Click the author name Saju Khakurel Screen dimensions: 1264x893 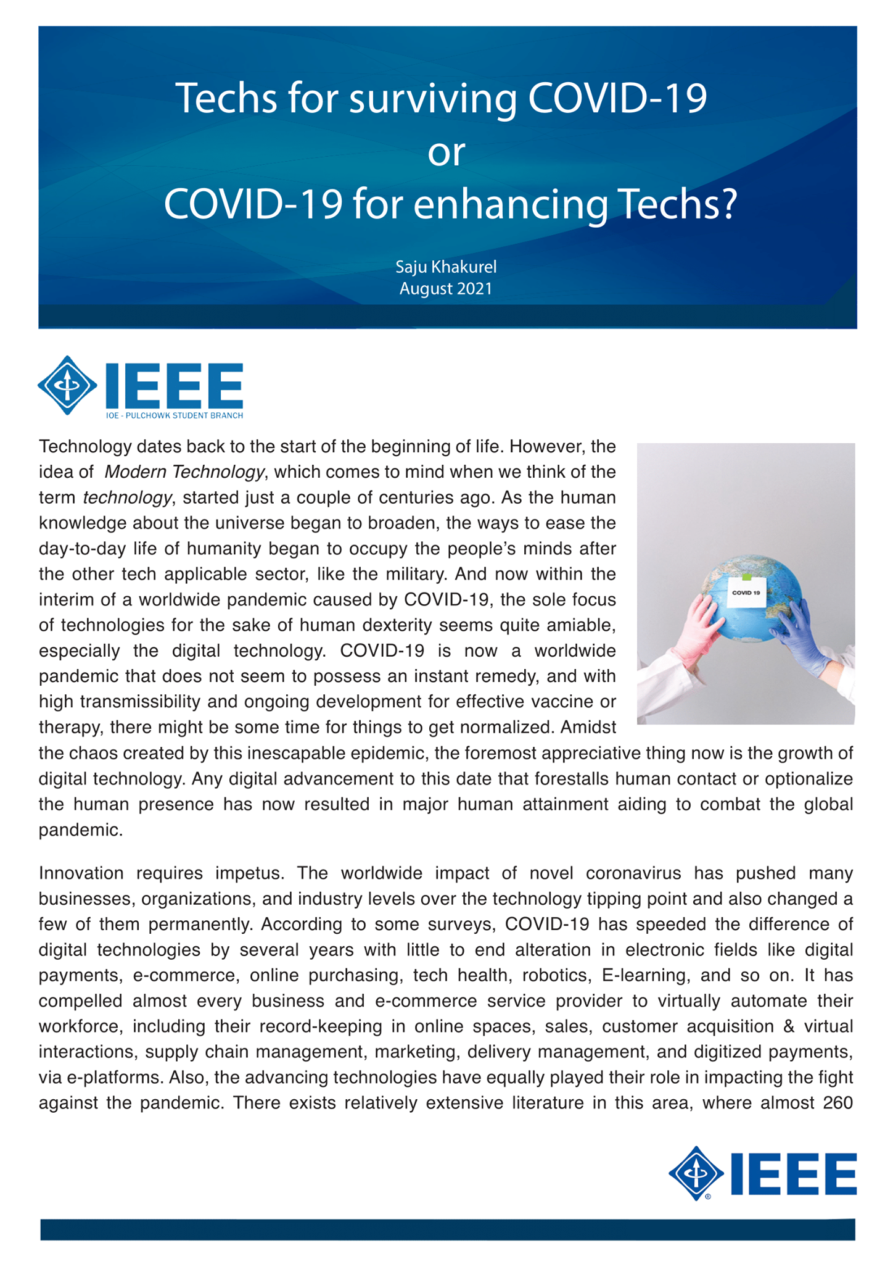446,267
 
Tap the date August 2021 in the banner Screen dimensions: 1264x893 446,288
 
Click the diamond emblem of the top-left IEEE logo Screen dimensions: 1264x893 67,385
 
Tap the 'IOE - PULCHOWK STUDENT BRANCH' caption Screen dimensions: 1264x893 175,415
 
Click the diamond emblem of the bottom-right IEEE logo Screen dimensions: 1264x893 696,1173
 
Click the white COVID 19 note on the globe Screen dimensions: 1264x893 746,592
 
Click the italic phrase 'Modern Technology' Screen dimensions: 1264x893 184,472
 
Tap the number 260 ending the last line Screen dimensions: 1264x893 837,1102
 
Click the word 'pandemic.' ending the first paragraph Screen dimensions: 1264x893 81,829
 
